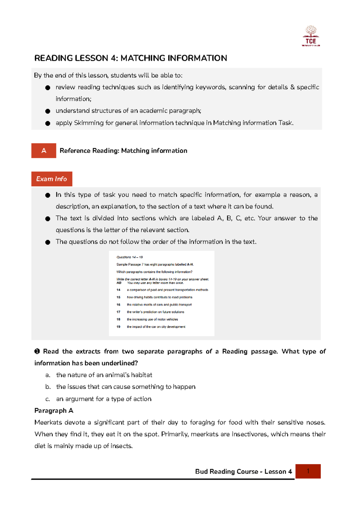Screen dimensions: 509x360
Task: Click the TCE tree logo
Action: coord(311,36)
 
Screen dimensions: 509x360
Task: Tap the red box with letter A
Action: coord(44,150)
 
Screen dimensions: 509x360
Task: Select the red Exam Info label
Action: coord(52,179)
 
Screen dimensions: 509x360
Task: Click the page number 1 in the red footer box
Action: coord(308,471)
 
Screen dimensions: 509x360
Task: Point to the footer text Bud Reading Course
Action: coord(226,472)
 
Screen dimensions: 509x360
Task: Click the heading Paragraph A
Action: coord(54,411)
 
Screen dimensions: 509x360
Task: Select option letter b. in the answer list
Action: coord(48,387)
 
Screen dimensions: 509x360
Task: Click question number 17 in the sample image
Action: coord(118,312)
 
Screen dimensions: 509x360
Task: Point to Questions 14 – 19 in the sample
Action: coord(130,257)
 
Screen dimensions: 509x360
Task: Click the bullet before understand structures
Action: coord(48,111)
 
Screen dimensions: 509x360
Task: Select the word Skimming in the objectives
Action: coord(88,123)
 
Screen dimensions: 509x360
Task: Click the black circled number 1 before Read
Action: coord(37,351)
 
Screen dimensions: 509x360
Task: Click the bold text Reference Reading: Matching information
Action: coord(123,151)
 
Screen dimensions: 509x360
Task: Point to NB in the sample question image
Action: coord(119,283)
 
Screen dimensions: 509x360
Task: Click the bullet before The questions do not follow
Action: coord(48,242)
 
